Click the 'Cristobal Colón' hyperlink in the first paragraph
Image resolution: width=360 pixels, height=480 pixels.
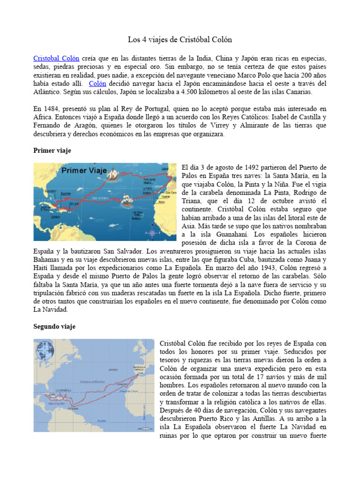point(56,59)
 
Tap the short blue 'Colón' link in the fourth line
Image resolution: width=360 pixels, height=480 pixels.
point(97,84)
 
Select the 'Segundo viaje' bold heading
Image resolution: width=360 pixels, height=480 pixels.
point(54,326)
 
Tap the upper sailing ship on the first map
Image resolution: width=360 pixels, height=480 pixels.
point(114,174)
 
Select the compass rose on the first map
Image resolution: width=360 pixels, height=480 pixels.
point(151,233)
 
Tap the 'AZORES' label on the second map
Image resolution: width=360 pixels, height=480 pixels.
point(113,370)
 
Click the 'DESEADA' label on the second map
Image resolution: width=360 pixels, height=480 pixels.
point(74,408)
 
